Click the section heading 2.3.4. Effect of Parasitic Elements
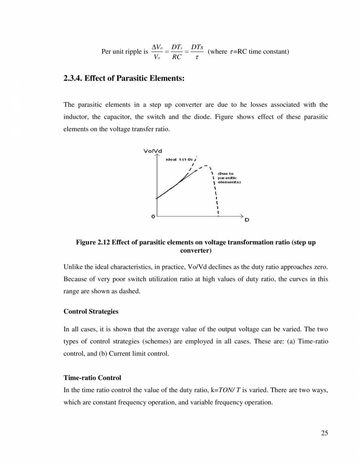click(123, 79)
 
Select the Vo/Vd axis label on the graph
click(153, 151)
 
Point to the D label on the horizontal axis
click(247, 220)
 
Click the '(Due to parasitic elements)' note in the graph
click(229, 177)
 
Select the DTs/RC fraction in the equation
click(176, 52)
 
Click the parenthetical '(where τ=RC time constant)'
click(248, 52)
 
